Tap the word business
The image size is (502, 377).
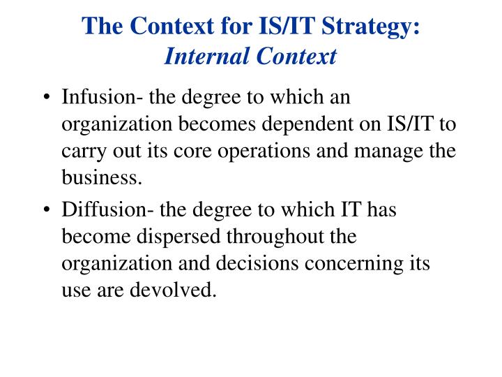tap(102, 177)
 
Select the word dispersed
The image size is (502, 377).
tap(188, 237)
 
